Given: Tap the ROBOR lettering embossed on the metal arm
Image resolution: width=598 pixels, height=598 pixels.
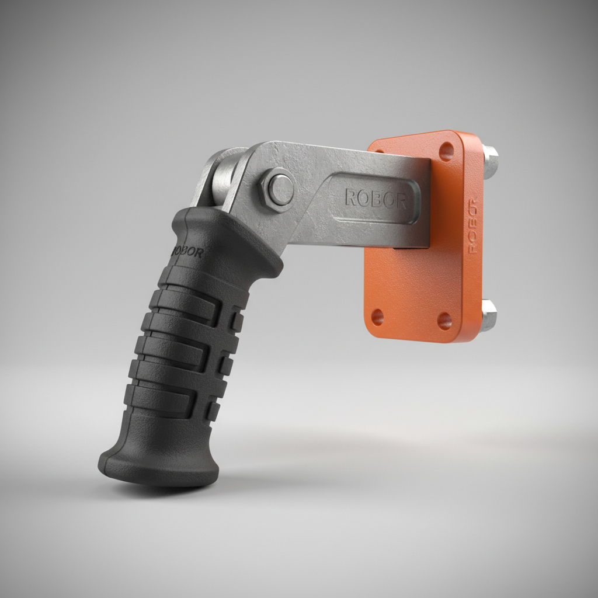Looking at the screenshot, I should point(376,199).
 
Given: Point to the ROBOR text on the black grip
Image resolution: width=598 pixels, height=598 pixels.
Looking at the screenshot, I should point(188,252).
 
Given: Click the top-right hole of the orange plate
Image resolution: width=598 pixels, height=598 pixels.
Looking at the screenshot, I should point(446,151).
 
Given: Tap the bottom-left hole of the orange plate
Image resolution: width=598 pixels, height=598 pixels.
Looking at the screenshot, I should point(378,317).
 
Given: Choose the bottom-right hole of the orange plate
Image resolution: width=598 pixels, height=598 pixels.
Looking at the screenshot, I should point(445,321).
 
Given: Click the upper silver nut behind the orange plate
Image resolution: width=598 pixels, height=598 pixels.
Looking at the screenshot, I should point(491,162).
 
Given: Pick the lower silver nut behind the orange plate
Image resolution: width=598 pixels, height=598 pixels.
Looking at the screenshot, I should point(489,315).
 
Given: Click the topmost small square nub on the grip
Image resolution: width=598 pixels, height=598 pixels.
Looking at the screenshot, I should point(237,321).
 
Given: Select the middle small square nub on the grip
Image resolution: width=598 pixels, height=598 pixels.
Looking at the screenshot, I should point(226,366).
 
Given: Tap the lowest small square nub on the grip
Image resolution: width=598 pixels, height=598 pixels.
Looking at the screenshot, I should point(213,411).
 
